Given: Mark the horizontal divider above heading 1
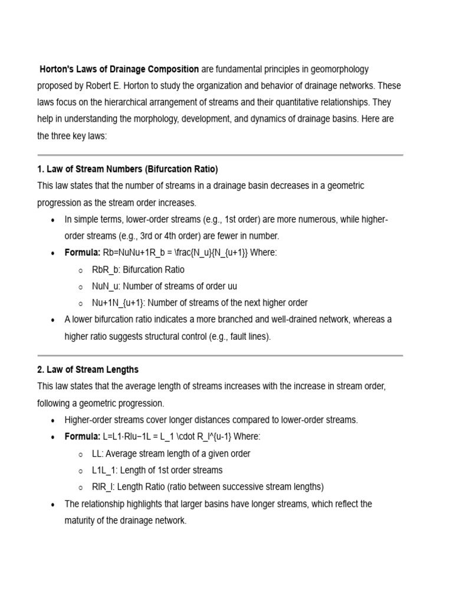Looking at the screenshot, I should point(220,155).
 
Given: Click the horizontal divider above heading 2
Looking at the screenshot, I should point(220,356).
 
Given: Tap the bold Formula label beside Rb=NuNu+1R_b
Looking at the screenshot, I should point(83,253).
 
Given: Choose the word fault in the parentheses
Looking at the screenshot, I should point(227,336).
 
